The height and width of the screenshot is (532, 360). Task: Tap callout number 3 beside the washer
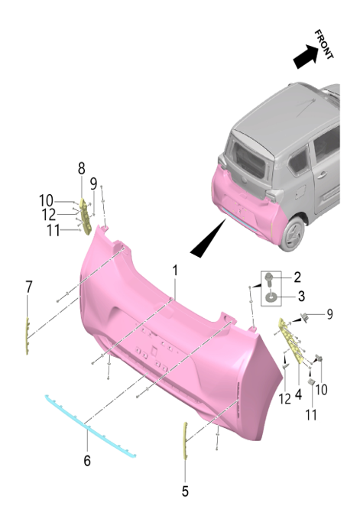[x=300, y=295]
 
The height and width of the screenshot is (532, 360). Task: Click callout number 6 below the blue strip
[x=87, y=460]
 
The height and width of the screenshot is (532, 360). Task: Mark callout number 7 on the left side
[x=28, y=287]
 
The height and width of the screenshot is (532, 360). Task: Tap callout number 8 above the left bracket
[x=81, y=167]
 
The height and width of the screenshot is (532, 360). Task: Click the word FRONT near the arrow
[x=325, y=45]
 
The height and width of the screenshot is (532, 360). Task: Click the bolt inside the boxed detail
[x=271, y=278]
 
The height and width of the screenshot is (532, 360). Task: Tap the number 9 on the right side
[x=329, y=313]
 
